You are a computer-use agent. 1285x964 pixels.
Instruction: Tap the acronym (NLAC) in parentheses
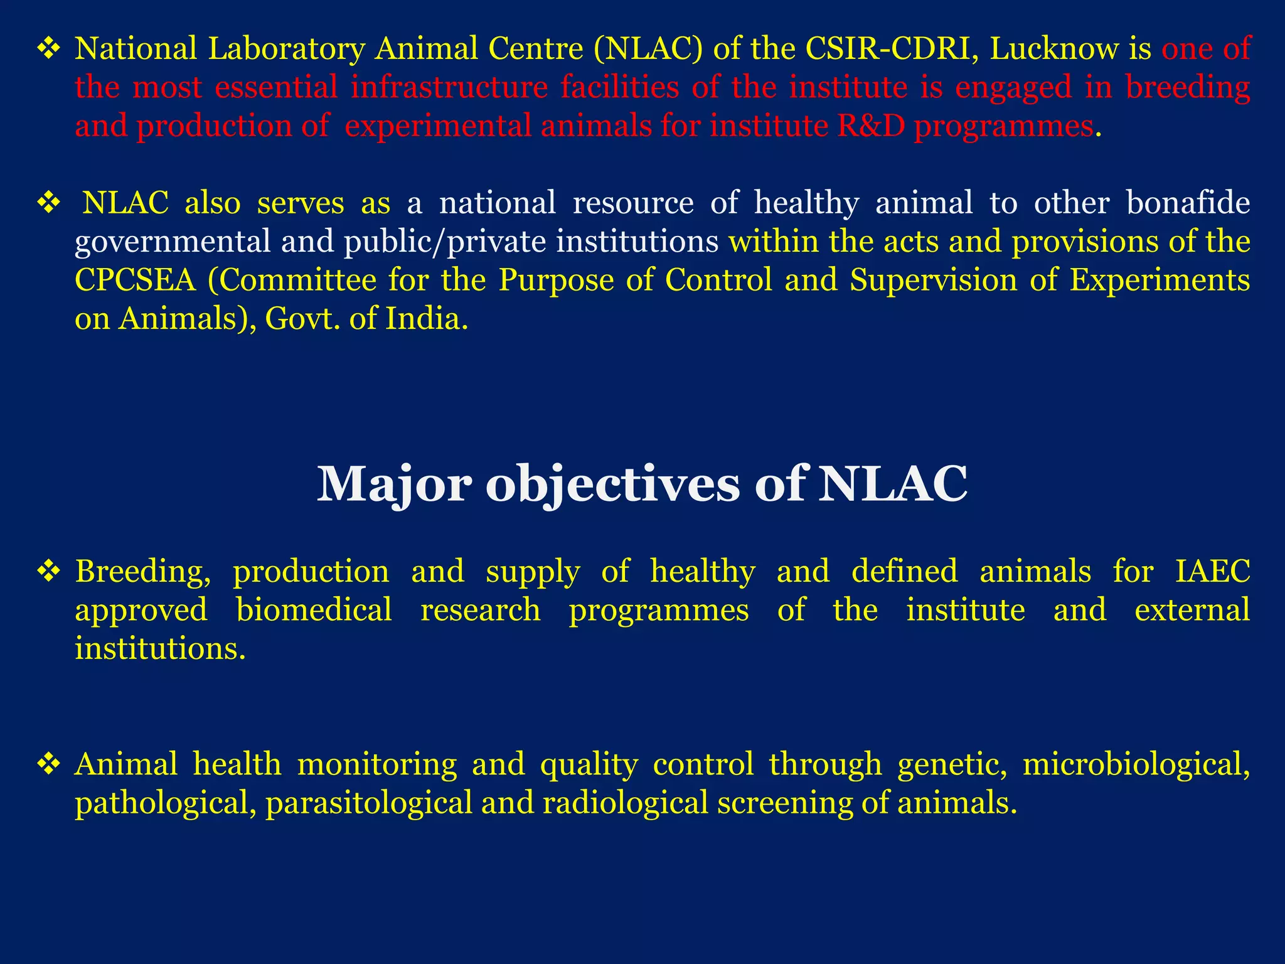click(648, 49)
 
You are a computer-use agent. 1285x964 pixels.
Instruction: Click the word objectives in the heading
click(613, 485)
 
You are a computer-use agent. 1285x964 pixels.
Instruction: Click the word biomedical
click(314, 610)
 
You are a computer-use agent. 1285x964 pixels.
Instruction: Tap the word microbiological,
click(1136, 765)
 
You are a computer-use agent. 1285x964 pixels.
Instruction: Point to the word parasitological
click(369, 803)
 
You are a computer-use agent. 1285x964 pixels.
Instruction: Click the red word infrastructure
click(449, 88)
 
